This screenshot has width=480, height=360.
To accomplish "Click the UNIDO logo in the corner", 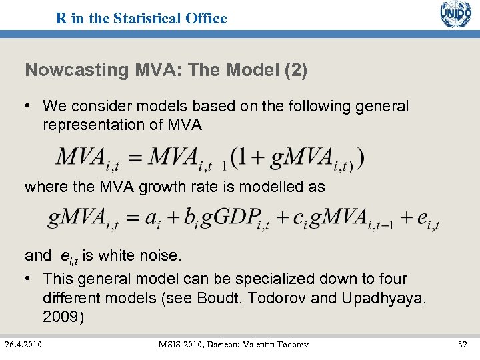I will tap(455, 14).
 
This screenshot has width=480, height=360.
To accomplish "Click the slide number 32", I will tap(463, 344).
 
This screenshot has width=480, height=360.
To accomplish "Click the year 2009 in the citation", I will tap(63, 317).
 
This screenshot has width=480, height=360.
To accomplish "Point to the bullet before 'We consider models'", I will tap(30, 107).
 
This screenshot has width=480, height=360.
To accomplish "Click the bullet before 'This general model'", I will tap(30, 279).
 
